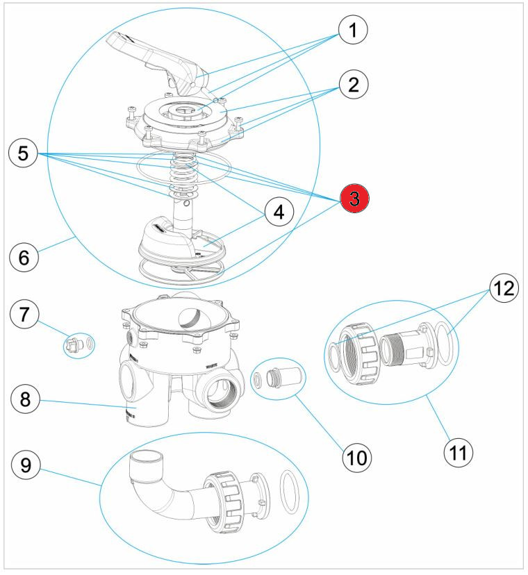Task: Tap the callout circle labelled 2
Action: [353, 85]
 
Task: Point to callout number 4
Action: [278, 212]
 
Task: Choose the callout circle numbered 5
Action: [24, 153]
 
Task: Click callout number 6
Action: [24, 257]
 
